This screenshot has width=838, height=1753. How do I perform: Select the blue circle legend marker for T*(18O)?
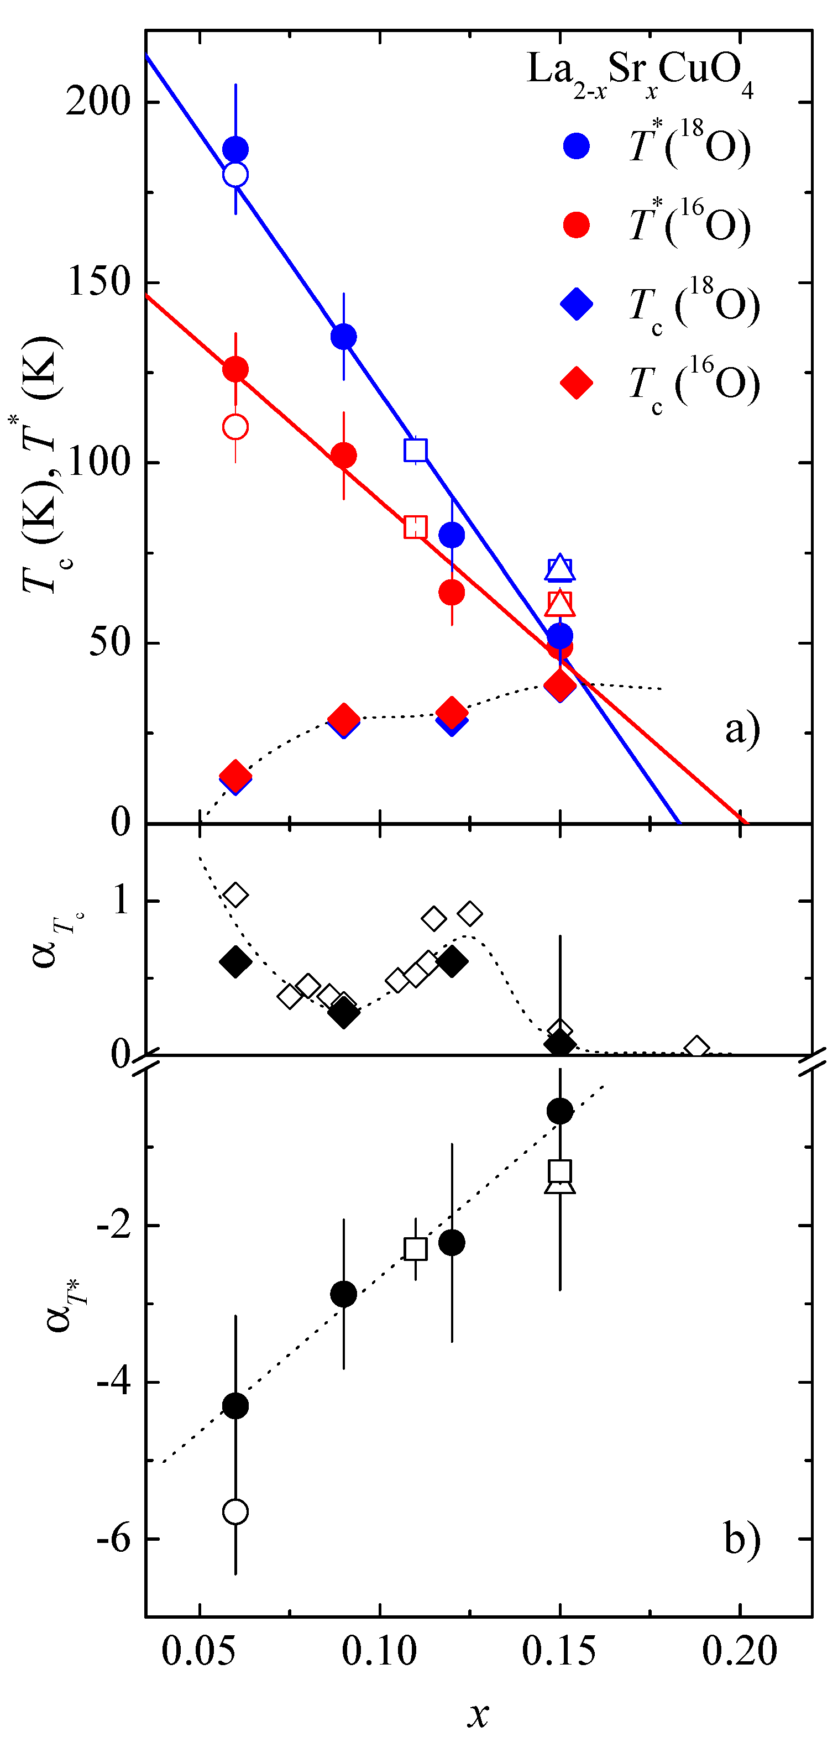click(x=576, y=145)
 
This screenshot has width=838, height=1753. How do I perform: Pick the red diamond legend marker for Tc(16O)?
click(x=576, y=383)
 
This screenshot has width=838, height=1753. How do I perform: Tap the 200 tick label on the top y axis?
click(x=98, y=102)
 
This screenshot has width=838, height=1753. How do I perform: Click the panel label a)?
click(x=742, y=730)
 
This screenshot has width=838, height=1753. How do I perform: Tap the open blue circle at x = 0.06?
click(x=235, y=174)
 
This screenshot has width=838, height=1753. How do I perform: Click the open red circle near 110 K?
click(x=235, y=427)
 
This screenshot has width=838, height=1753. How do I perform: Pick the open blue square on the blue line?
click(x=416, y=450)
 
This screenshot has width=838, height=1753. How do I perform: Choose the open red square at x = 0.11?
click(x=416, y=527)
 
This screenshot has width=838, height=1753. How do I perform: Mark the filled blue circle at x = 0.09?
click(x=343, y=336)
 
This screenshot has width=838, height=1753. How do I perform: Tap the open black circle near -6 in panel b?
click(x=235, y=1511)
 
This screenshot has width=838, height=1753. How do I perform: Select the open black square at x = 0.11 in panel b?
click(x=416, y=1249)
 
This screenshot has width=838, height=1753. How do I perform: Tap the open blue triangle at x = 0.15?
click(x=560, y=568)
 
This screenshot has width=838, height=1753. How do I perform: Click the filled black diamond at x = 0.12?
click(x=452, y=961)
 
